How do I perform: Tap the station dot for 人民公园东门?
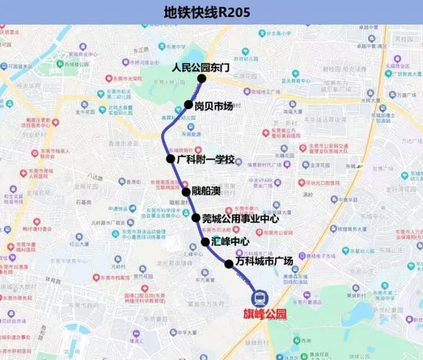[x=201, y=79]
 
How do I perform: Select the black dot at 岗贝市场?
[x=188, y=105]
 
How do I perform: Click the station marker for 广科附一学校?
[x=170, y=159]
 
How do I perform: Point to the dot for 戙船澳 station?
[x=186, y=192]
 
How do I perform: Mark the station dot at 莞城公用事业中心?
[x=196, y=218]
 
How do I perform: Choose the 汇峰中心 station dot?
[x=205, y=242]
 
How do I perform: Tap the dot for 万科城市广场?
[x=229, y=264]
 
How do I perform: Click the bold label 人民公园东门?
[x=201, y=68]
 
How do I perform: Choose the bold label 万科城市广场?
[x=264, y=262]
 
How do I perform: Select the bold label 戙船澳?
[x=206, y=191]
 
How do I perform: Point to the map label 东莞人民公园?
[x=168, y=82]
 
